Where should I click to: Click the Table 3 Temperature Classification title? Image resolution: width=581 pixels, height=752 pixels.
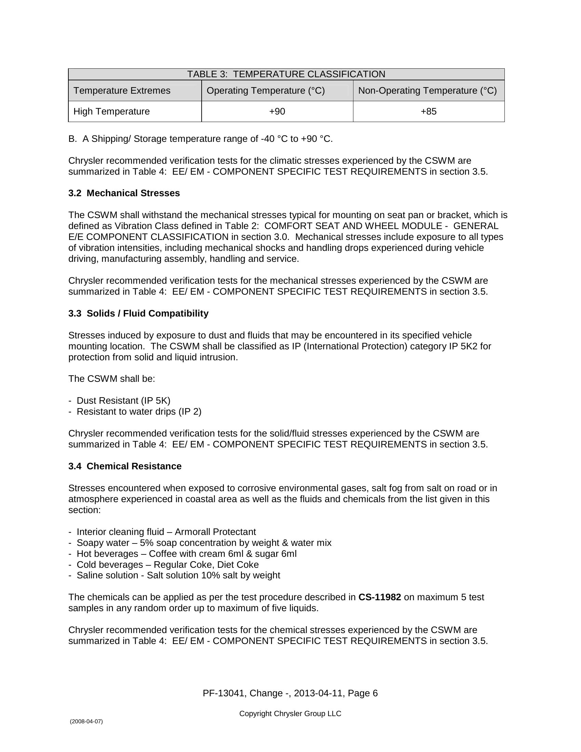286,75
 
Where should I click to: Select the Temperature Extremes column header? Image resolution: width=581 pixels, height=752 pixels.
122,91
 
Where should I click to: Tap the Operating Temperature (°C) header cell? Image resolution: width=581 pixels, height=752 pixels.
265,91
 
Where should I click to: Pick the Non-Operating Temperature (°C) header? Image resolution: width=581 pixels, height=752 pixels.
428,91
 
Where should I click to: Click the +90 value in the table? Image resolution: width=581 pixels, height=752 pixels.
277,111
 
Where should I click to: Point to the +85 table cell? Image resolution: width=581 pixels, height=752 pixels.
429,111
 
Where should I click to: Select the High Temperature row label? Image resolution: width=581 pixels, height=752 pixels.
111,111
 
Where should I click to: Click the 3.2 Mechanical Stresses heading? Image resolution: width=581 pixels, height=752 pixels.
124,193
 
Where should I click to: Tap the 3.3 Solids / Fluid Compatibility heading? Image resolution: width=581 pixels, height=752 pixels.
138,313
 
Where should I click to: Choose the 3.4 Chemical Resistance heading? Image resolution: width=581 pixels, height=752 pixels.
125,466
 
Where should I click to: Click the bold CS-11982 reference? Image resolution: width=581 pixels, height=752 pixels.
380,597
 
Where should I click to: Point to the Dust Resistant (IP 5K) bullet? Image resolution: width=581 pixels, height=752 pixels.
123,401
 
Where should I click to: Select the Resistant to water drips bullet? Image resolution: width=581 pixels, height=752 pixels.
139,412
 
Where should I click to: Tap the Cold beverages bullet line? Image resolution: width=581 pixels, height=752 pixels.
167,565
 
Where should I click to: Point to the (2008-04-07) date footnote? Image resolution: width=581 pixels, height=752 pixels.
86,721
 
